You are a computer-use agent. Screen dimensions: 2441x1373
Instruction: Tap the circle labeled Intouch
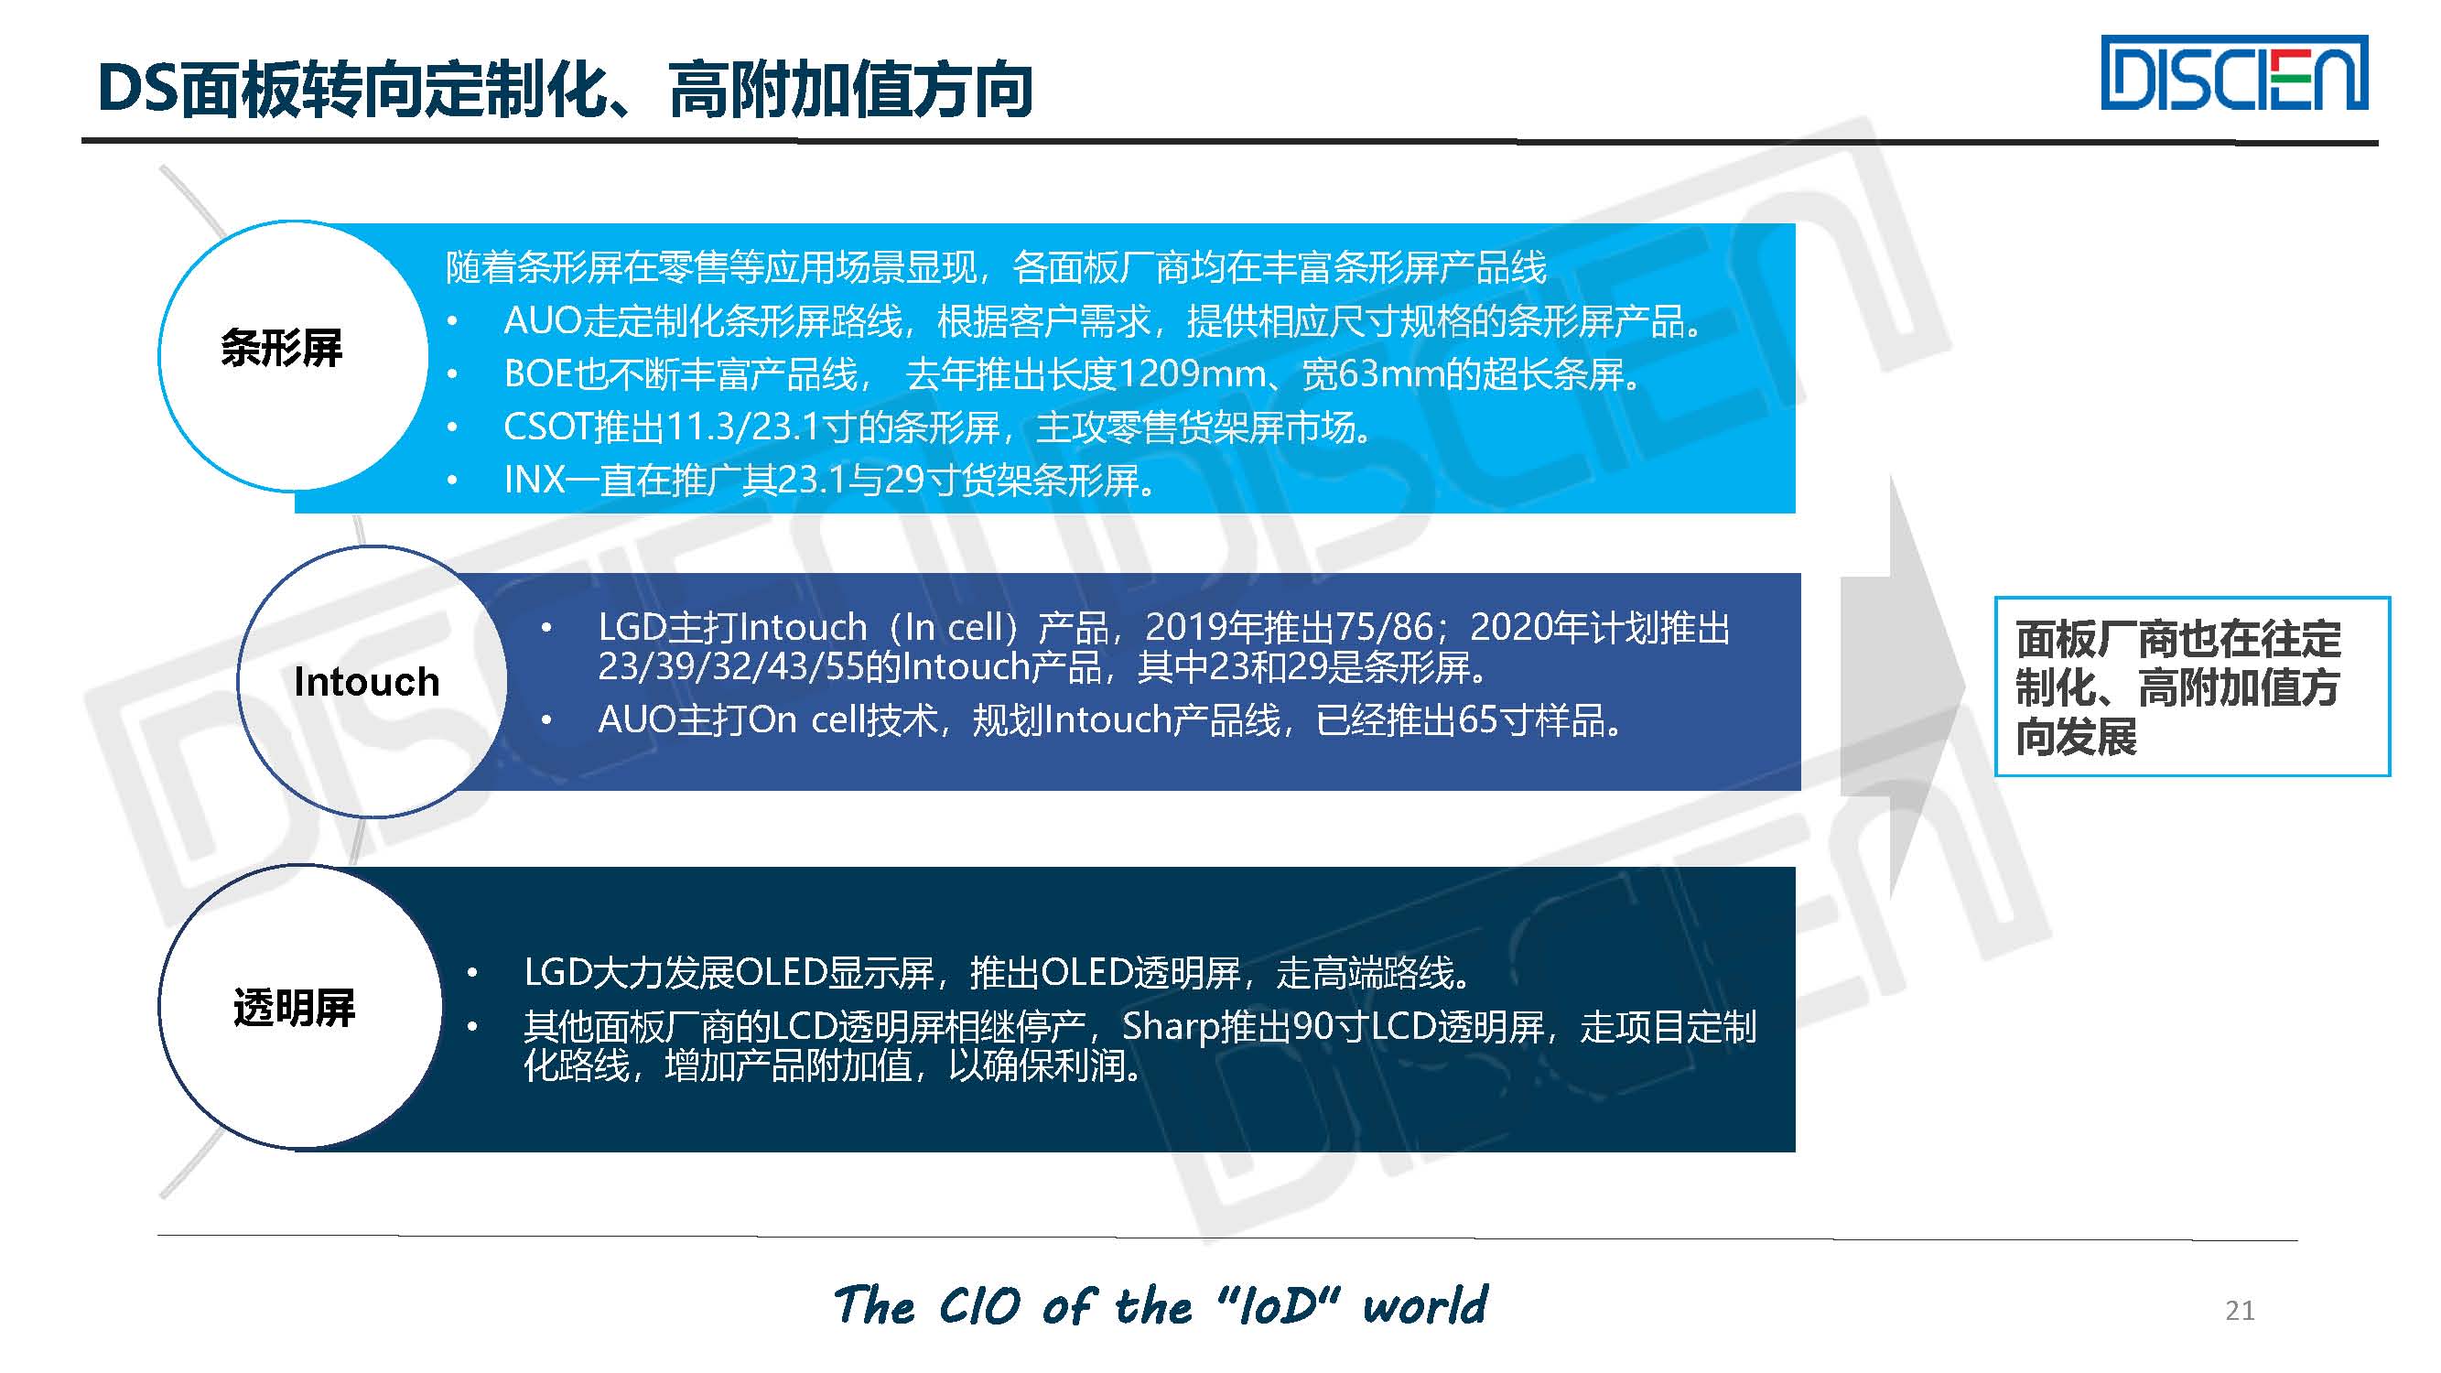click(373, 681)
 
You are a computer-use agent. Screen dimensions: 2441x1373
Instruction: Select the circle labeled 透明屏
click(300, 1006)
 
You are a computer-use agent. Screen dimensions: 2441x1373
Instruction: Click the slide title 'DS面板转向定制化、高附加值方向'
click(565, 90)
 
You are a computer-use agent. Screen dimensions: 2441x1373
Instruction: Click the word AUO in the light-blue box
click(542, 321)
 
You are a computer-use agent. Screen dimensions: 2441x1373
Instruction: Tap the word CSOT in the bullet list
click(547, 427)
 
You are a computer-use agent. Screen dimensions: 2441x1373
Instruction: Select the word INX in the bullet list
click(535, 481)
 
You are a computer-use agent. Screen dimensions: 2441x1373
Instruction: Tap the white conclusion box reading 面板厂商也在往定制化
click(2192, 686)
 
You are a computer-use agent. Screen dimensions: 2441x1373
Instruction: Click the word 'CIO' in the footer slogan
click(980, 1306)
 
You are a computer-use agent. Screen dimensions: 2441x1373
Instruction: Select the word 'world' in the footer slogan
click(1425, 1306)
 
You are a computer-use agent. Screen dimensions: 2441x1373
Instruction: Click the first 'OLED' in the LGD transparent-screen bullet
click(782, 973)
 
